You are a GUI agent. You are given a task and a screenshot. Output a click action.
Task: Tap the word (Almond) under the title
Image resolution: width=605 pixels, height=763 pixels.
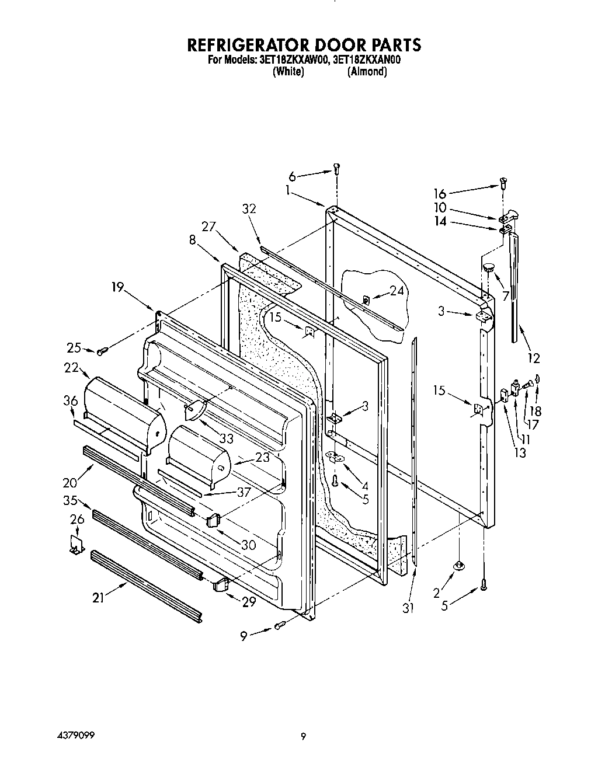(367, 72)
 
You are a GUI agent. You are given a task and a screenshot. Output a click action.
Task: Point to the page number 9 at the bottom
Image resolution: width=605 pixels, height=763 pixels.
(303, 736)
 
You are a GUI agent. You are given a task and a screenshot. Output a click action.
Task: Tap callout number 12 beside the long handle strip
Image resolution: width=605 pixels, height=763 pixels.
(533, 358)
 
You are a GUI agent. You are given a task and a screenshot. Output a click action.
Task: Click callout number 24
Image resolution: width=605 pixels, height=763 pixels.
(397, 290)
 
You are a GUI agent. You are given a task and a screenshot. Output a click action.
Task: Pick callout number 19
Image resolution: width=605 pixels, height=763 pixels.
(118, 287)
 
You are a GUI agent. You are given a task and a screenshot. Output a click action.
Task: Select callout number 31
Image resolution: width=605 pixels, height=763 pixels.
(408, 608)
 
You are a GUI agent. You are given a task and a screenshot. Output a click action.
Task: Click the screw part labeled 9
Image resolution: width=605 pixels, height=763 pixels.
(280, 626)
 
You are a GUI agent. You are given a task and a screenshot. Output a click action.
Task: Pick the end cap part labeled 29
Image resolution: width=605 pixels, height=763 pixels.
(220, 584)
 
